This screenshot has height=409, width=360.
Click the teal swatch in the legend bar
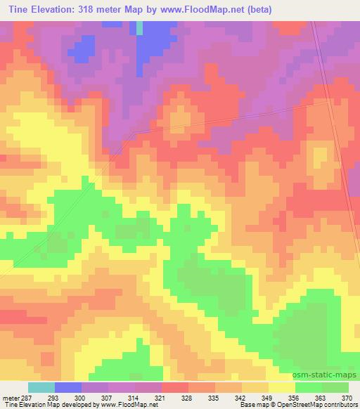click(41, 387)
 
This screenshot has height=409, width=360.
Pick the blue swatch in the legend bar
click(68, 387)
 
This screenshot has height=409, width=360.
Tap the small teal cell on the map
click(139, 27)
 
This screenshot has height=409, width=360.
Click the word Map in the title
click(141, 10)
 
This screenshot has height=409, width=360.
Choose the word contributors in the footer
click(340, 405)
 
